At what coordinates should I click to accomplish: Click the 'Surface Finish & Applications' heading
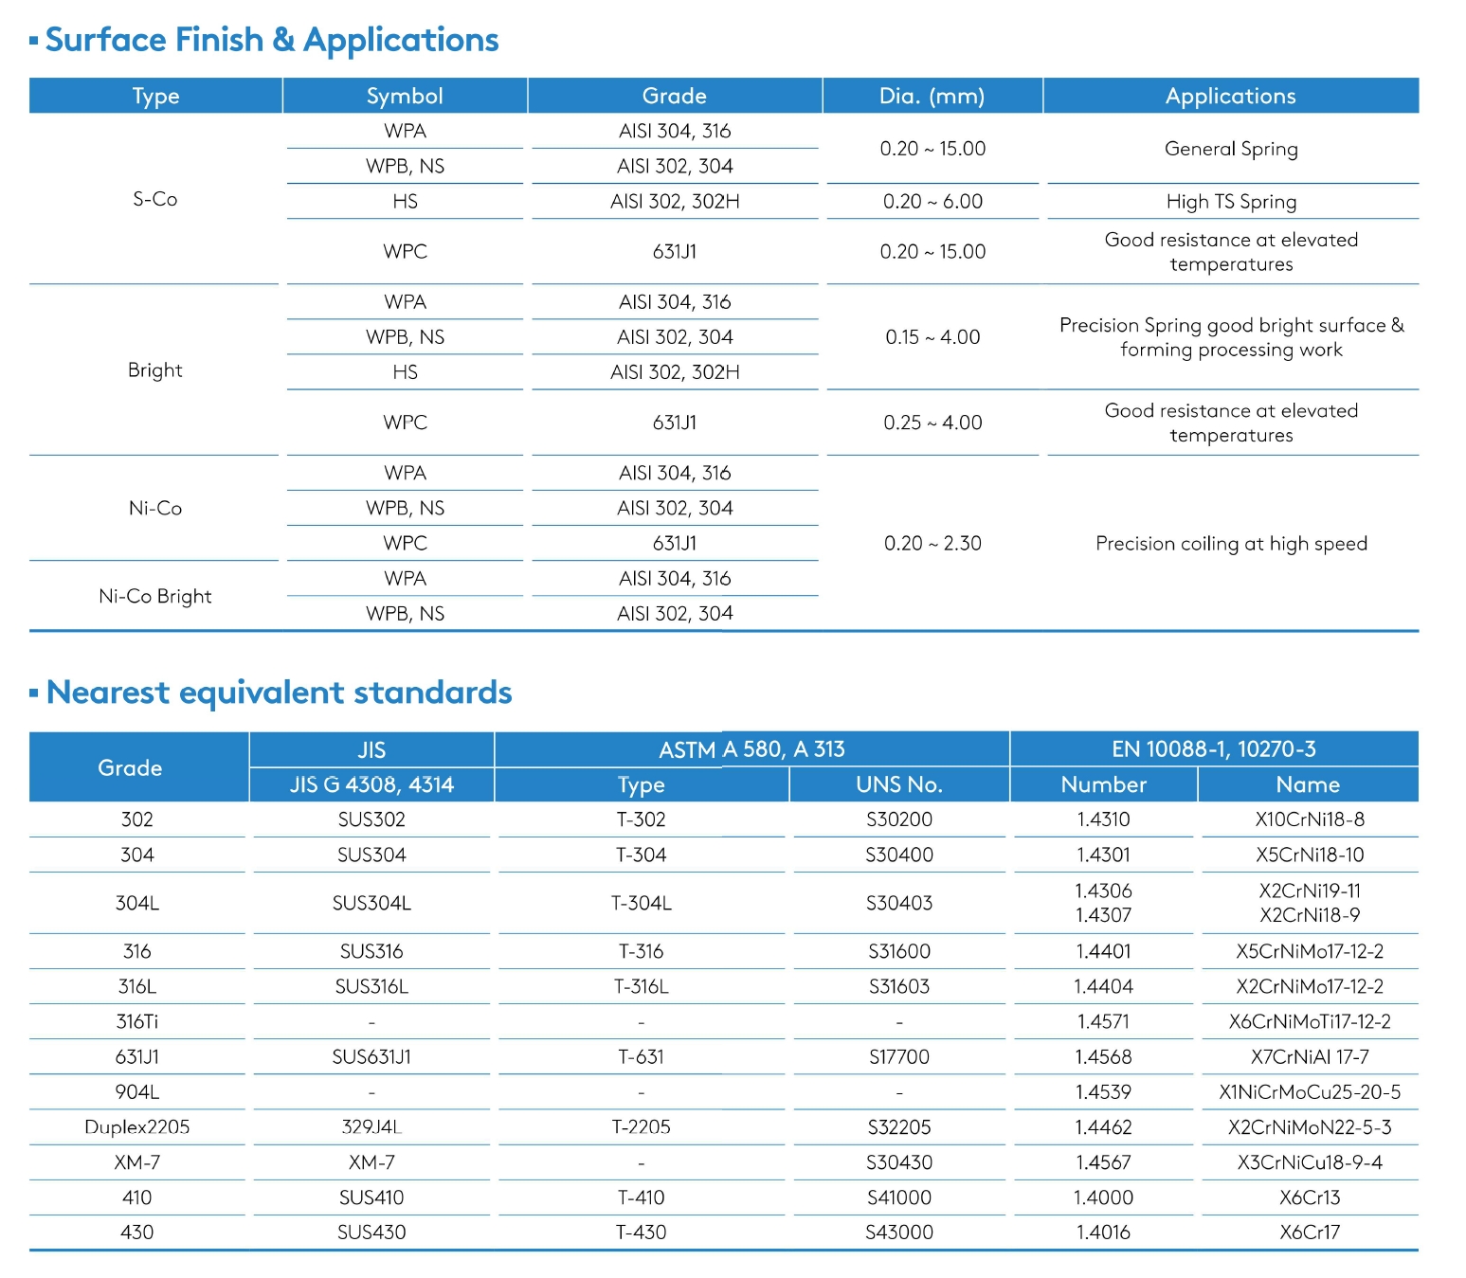click(x=271, y=40)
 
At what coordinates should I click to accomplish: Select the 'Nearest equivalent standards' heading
click(x=279, y=693)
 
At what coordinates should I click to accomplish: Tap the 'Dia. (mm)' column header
click(x=932, y=96)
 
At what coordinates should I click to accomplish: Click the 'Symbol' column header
click(x=405, y=96)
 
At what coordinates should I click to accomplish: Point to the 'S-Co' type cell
click(x=155, y=199)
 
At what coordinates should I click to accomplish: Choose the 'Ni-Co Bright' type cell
click(x=155, y=596)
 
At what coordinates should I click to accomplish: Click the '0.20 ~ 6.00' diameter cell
click(x=932, y=202)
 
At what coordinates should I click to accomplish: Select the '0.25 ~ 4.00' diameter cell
click(x=932, y=423)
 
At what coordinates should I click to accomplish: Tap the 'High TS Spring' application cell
click(x=1231, y=202)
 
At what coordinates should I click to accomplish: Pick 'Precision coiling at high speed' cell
click(x=1231, y=544)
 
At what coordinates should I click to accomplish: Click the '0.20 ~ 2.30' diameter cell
click(x=932, y=544)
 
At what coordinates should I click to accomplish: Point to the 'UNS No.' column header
click(x=898, y=784)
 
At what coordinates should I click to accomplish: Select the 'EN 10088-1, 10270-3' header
click(x=1213, y=749)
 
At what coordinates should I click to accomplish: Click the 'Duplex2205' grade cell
click(x=137, y=1127)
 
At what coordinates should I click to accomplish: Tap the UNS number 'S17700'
click(x=898, y=1057)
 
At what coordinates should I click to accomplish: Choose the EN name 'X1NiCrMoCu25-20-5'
click(x=1310, y=1092)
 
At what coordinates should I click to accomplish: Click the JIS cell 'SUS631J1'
click(x=371, y=1057)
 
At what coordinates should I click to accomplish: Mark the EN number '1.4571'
click(x=1103, y=1022)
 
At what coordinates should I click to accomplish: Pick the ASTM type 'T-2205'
click(x=642, y=1127)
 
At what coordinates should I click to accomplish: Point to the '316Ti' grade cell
click(x=137, y=1022)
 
